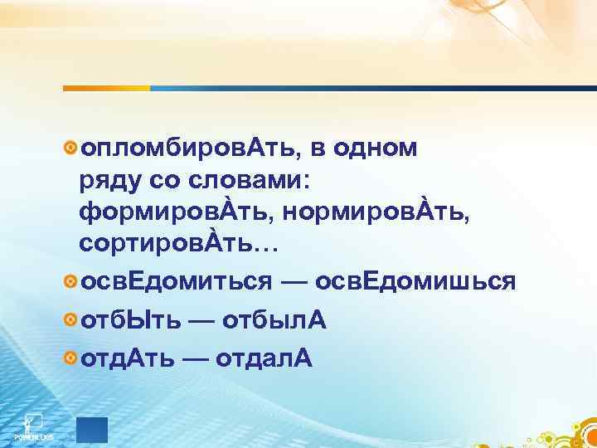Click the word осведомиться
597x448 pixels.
pyautogui.click(x=175, y=282)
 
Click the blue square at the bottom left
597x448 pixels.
pyautogui.click(x=91, y=430)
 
